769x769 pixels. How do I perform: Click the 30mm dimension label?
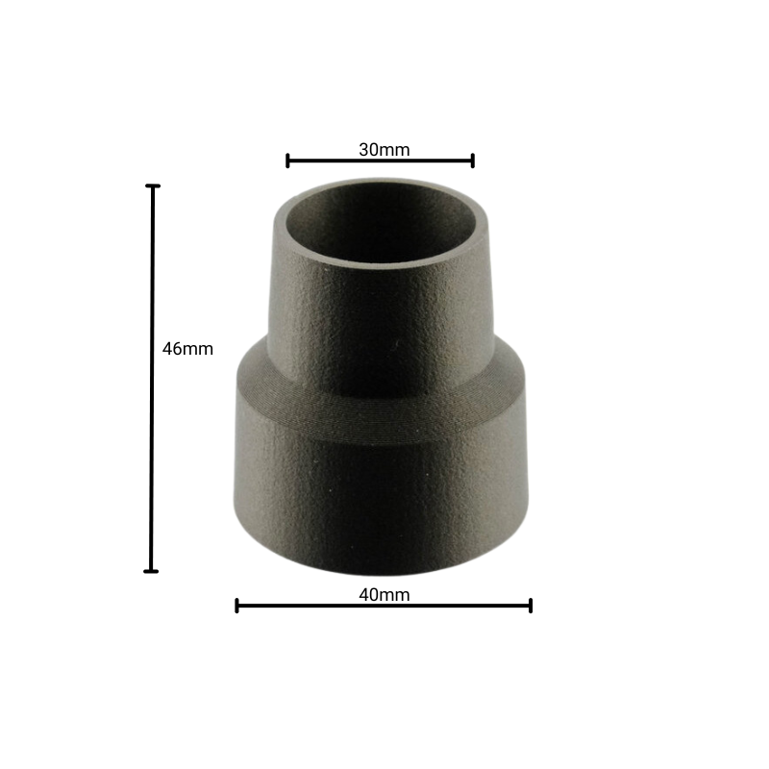point(384,150)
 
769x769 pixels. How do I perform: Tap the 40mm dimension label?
point(384,595)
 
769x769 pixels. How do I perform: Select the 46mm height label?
point(187,349)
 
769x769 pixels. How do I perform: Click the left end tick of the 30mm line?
point(287,161)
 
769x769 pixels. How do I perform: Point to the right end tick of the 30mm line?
point(473,161)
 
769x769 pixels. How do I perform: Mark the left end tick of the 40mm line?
point(236,606)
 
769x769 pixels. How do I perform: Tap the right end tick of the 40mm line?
point(531,606)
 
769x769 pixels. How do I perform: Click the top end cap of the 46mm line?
point(153,186)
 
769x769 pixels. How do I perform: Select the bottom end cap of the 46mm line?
point(151,571)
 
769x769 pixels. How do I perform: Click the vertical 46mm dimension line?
point(152,379)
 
